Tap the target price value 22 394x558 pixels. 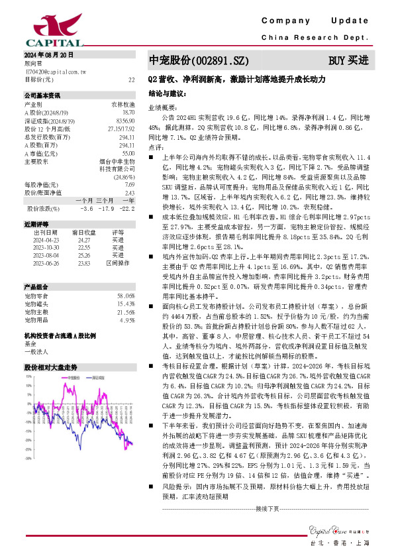131,80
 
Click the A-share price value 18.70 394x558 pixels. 128,113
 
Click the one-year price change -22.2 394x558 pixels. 128,208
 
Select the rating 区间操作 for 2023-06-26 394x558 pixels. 118,262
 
